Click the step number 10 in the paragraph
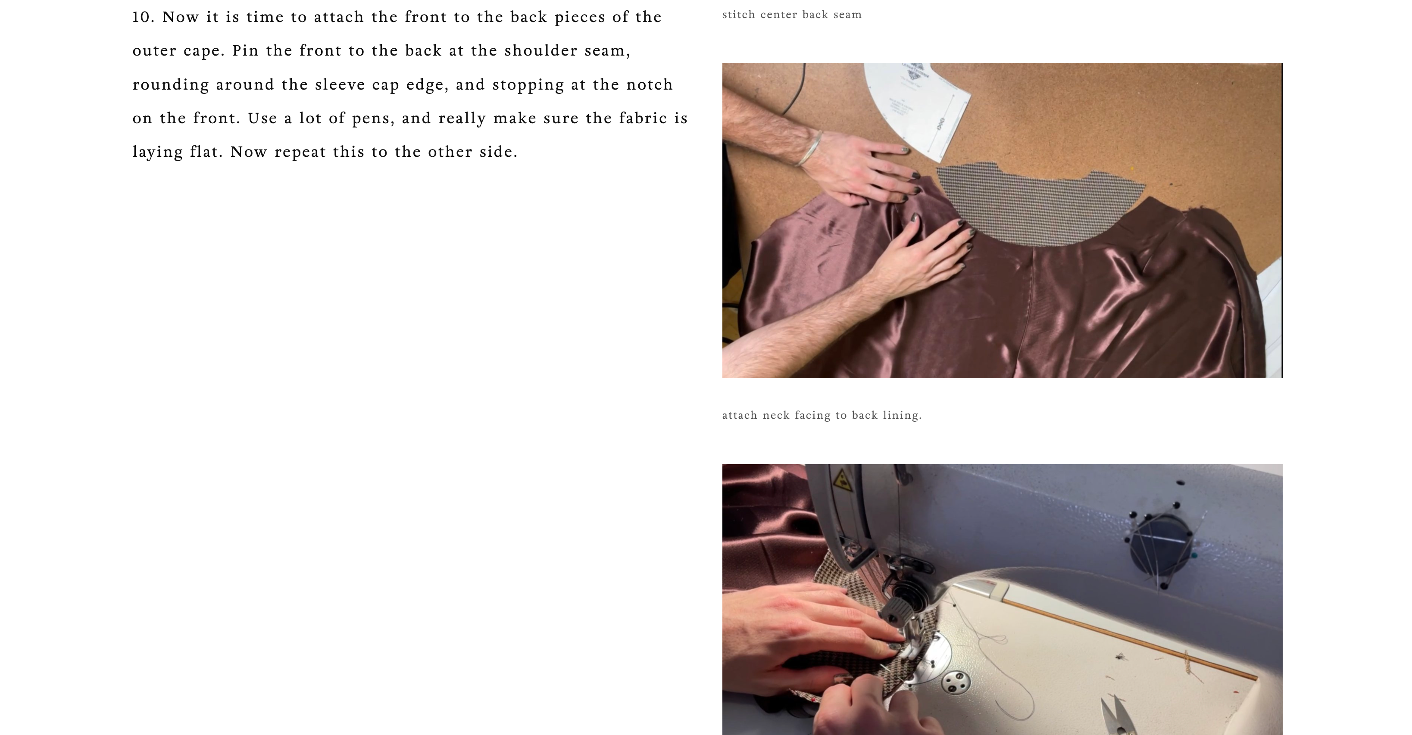pyautogui.click(x=143, y=17)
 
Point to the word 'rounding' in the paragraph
pyautogui.click(x=171, y=85)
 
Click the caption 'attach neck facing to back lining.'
pyautogui.click(x=822, y=415)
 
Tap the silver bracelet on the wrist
pyautogui.click(x=809, y=148)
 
